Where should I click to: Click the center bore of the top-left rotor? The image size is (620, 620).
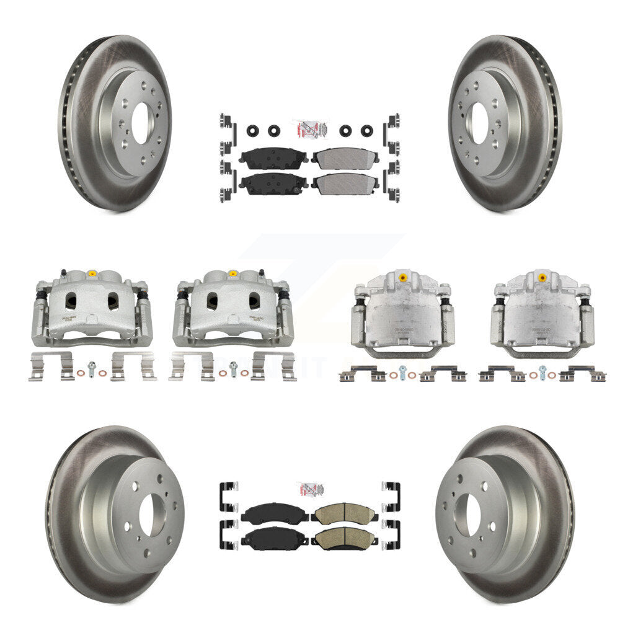click(140, 123)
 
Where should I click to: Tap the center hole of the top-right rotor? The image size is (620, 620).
click(477, 123)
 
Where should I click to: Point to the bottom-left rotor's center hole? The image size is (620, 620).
click(148, 516)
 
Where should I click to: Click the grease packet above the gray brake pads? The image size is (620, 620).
click(309, 130)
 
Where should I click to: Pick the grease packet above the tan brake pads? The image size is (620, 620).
click(309, 490)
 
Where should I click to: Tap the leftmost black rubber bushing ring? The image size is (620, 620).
click(254, 131)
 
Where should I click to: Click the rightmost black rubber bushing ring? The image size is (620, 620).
click(366, 131)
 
